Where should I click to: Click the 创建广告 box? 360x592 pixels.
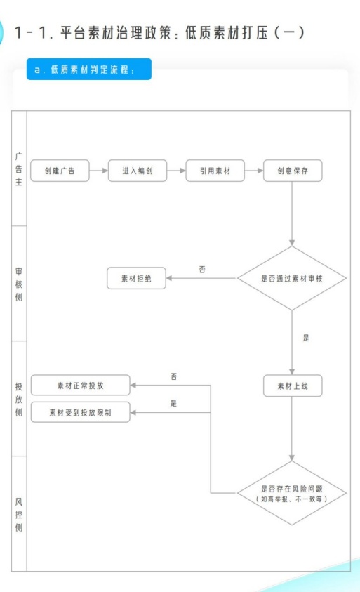[x=60, y=171]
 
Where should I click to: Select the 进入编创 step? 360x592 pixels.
[x=138, y=171]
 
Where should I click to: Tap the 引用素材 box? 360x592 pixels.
[x=215, y=171]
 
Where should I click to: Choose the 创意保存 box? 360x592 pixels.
[x=293, y=171]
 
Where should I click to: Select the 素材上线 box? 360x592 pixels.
[x=293, y=386]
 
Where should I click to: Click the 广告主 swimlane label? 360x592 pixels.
[x=19, y=171]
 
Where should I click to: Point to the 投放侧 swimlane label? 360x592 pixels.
[x=19, y=399]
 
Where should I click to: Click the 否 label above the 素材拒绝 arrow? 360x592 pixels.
[x=203, y=269]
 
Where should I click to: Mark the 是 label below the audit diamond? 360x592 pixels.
[x=306, y=338]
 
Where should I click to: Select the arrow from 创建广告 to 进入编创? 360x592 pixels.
[x=99, y=171]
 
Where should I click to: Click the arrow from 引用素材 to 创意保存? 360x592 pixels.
[x=254, y=171]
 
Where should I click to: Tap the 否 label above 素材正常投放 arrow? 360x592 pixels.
[x=173, y=376]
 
